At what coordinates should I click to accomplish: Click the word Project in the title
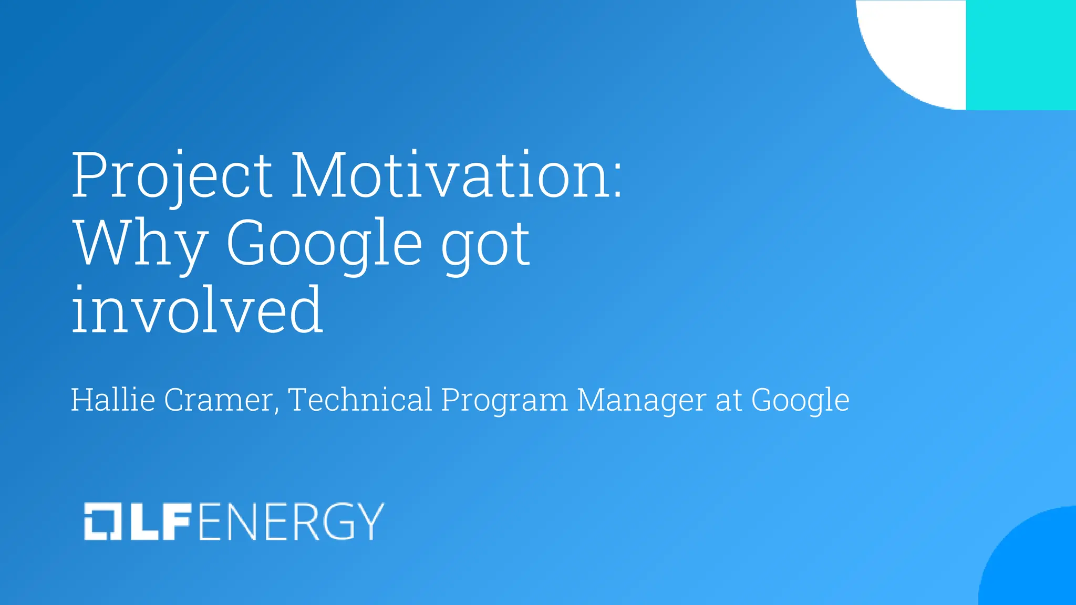[172, 176]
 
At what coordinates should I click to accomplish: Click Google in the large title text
[324, 243]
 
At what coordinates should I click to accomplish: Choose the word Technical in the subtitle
[360, 400]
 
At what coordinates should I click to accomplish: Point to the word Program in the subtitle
[504, 401]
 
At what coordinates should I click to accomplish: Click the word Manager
[642, 401]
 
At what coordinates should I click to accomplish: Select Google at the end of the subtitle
[800, 401]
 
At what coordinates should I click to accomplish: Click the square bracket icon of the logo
[103, 521]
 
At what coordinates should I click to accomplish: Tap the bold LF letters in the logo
[160, 521]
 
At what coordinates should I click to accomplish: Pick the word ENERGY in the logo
[291, 521]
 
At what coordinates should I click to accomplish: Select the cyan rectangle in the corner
[1021, 55]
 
